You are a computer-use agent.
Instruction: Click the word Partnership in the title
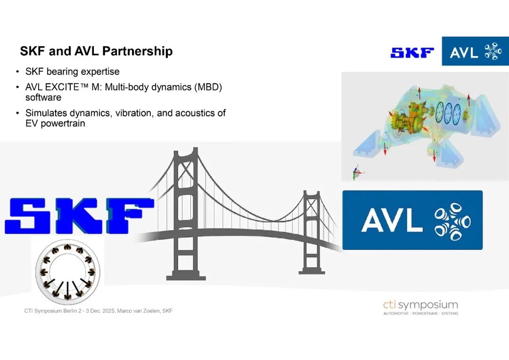(137, 51)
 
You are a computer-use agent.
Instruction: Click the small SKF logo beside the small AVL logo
(412, 53)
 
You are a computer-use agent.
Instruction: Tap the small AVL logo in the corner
(475, 51)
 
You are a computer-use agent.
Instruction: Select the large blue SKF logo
(79, 216)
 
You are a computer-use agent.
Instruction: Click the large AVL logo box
(412, 220)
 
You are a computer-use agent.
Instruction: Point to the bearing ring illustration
(67, 272)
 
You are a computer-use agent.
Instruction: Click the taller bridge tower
(186, 214)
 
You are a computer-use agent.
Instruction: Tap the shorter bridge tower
(312, 232)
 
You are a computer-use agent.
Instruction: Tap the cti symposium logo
(421, 307)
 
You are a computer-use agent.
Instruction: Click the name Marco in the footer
(124, 311)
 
